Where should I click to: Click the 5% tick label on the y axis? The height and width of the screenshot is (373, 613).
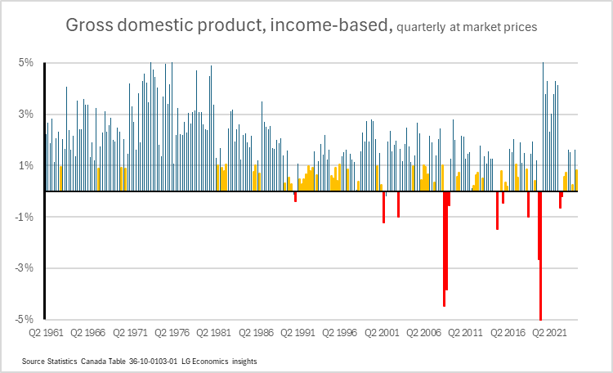point(25,63)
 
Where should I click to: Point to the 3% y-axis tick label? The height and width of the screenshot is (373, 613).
point(25,114)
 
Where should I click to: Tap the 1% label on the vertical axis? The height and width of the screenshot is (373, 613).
point(25,165)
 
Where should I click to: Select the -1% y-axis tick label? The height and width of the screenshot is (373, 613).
point(24,217)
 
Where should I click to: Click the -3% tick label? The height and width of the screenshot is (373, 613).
point(24,267)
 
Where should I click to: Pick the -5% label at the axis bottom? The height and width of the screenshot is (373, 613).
point(24,319)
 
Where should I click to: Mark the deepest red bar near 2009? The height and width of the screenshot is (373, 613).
point(444,249)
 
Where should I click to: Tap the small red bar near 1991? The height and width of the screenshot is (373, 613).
point(295,196)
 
